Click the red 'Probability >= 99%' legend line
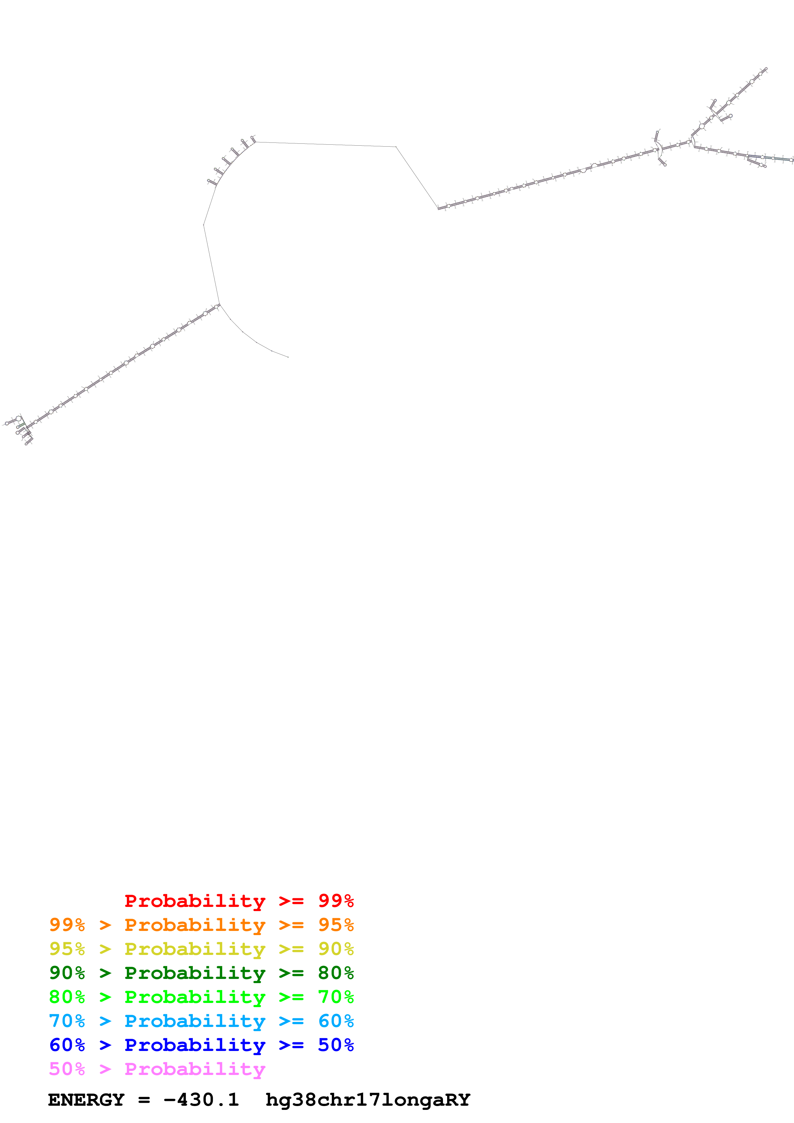click(239, 901)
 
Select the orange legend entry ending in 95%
click(201, 925)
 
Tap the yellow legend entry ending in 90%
click(201, 949)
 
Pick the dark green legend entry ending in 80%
click(201, 973)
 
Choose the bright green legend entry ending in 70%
click(201, 997)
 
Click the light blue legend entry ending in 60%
click(201, 1021)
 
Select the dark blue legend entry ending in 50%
click(201, 1045)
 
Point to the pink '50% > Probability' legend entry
click(157, 1069)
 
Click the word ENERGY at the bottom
click(86, 1100)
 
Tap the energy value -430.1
click(201, 1100)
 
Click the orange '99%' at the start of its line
click(67, 925)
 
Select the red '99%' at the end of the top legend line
click(336, 901)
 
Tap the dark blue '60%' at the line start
click(67, 1045)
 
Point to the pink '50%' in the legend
click(67, 1069)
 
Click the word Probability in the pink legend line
click(195, 1069)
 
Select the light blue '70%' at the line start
click(67, 1021)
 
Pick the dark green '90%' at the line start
click(67, 973)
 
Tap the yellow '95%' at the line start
click(67, 949)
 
